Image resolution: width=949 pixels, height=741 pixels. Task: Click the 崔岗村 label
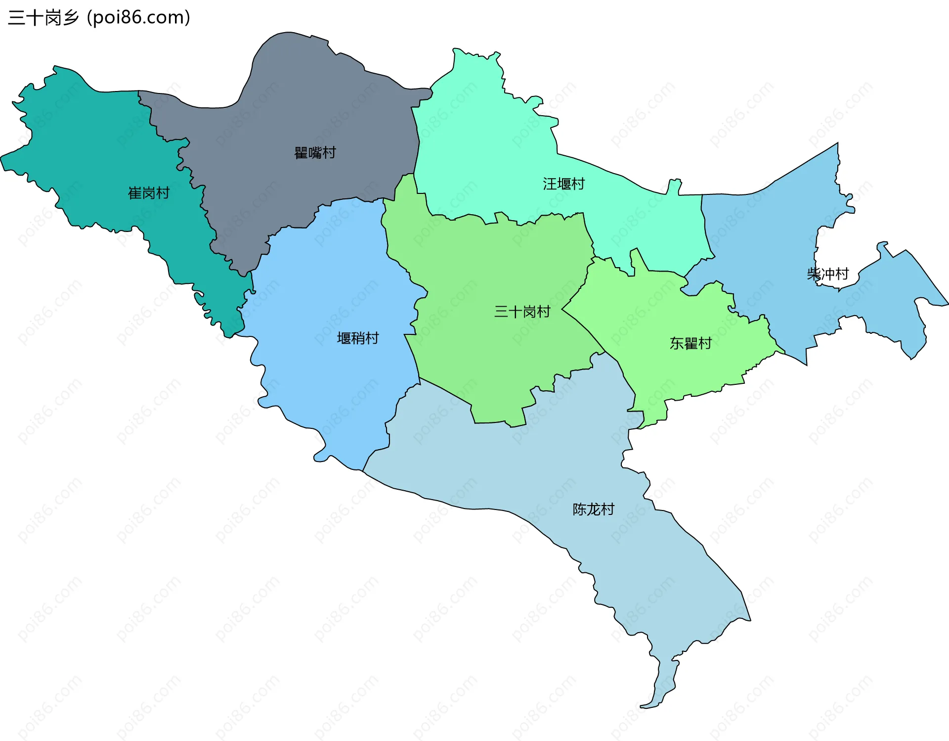149,193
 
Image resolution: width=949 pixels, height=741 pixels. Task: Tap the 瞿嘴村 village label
315,153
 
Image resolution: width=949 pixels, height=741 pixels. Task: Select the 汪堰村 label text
563,184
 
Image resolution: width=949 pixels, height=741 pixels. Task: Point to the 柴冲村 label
827,274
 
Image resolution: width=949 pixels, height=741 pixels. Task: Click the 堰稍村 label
358,338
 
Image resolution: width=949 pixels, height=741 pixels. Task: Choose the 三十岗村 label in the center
522,312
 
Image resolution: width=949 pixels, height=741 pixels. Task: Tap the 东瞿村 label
690,343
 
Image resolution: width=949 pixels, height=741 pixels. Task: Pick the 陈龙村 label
593,509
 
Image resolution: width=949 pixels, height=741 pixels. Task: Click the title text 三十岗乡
43,18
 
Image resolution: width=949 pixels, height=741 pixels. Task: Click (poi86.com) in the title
138,18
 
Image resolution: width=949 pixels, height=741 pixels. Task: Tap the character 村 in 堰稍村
372,338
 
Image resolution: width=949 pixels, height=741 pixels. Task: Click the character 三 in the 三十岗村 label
501,312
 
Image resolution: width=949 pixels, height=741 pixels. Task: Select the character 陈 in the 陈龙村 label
579,509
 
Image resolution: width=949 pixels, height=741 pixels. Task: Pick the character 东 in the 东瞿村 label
677,343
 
